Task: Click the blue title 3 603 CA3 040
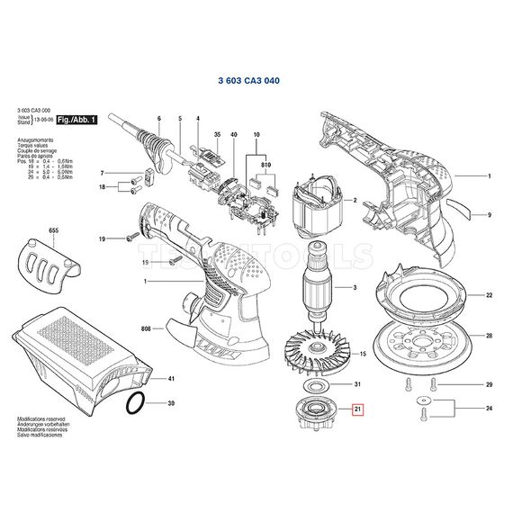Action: pyautogui.click(x=248, y=80)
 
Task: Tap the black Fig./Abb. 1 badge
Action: pyautogui.click(x=75, y=120)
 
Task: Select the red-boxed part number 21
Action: pyautogui.click(x=357, y=410)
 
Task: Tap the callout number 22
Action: pyautogui.click(x=489, y=295)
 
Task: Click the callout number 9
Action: pyautogui.click(x=489, y=215)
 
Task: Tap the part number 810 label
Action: pyautogui.click(x=266, y=166)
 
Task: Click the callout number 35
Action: pyautogui.click(x=216, y=134)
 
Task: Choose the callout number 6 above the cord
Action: pyautogui.click(x=158, y=120)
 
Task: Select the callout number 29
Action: pyautogui.click(x=489, y=385)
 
